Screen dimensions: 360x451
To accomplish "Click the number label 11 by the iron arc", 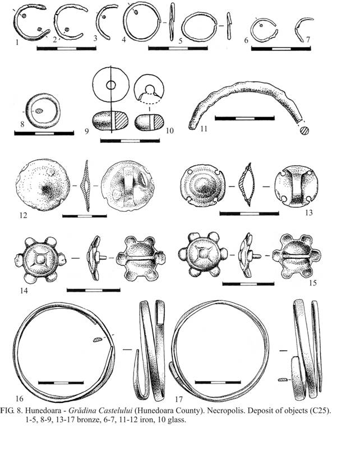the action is click(204, 128).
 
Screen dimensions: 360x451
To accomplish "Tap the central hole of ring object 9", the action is click(111, 85).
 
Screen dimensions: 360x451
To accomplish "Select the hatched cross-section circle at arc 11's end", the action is click(304, 131).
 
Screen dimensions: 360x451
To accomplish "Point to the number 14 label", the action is click(24, 291).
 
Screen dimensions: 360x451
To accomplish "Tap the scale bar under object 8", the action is click(44, 133).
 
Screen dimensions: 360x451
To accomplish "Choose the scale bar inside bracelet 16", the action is click(61, 383).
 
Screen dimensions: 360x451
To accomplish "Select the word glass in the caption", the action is click(177, 420).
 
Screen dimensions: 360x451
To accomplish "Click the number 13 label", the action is click(309, 212).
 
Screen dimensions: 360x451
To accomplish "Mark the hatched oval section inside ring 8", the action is click(39, 111).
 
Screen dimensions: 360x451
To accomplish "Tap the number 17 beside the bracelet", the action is click(179, 399).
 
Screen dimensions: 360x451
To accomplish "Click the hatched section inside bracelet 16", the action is click(98, 340).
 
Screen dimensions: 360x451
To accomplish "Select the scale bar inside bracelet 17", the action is click(218, 382).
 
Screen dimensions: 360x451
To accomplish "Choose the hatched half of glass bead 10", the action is click(159, 122).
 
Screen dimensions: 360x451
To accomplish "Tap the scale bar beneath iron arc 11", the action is click(244, 118).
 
